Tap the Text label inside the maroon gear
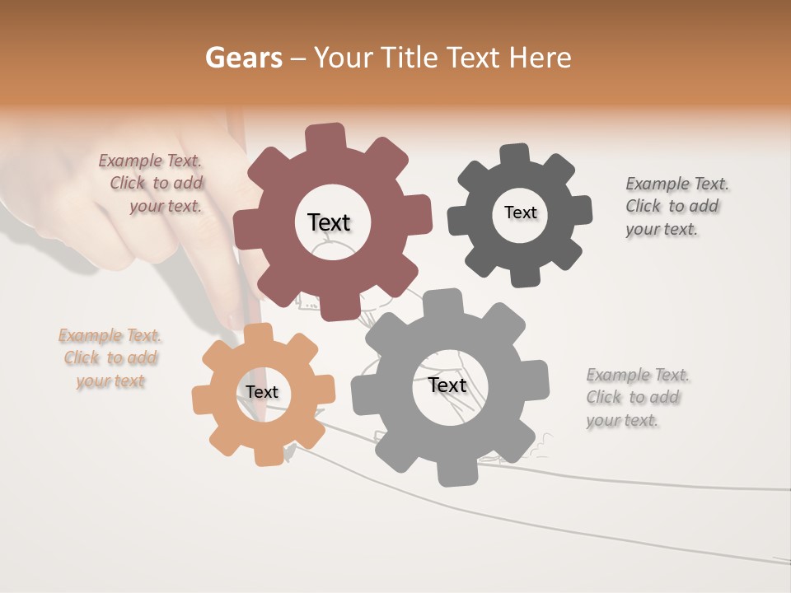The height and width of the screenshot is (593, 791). click(x=329, y=222)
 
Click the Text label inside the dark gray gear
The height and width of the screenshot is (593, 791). click(x=520, y=212)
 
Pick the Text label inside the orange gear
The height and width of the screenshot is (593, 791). click(x=262, y=392)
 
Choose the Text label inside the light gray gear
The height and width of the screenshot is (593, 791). click(x=447, y=385)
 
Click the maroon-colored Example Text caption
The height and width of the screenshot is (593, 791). click(x=152, y=183)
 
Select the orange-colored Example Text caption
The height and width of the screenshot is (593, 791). click(x=110, y=358)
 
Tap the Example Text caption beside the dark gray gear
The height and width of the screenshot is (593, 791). click(x=676, y=206)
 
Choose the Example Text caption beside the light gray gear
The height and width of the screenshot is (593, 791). click(x=637, y=398)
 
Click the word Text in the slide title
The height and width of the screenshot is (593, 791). click(x=475, y=58)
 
